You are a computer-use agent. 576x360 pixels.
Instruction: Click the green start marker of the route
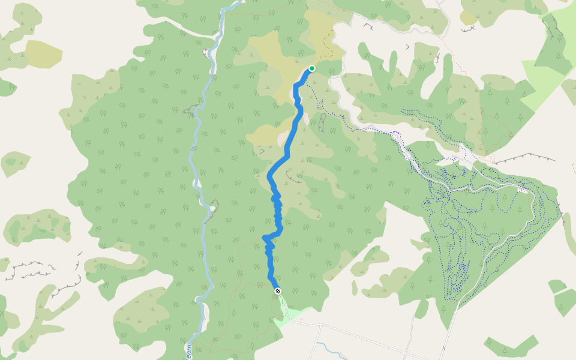tap(312, 68)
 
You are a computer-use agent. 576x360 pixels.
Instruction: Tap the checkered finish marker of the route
tap(277, 291)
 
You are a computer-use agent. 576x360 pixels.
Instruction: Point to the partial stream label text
tap(188, 350)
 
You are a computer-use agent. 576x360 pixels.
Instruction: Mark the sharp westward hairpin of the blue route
tap(265, 239)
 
